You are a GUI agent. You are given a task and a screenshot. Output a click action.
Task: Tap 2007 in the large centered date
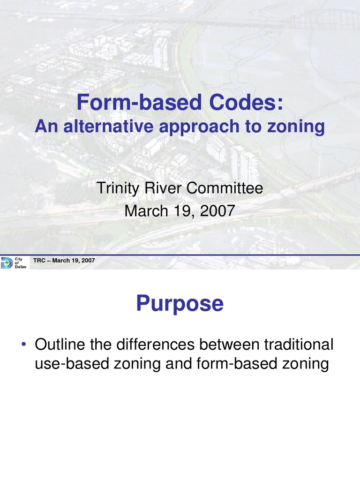(x=216, y=210)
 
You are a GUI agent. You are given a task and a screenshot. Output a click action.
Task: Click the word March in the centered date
(x=146, y=210)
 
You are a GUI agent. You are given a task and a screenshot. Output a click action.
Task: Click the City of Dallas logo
(x=15, y=263)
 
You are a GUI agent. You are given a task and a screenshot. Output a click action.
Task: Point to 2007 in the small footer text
(x=89, y=261)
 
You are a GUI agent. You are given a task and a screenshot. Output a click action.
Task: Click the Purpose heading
(x=180, y=304)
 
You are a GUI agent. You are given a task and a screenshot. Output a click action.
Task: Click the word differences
(x=152, y=345)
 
